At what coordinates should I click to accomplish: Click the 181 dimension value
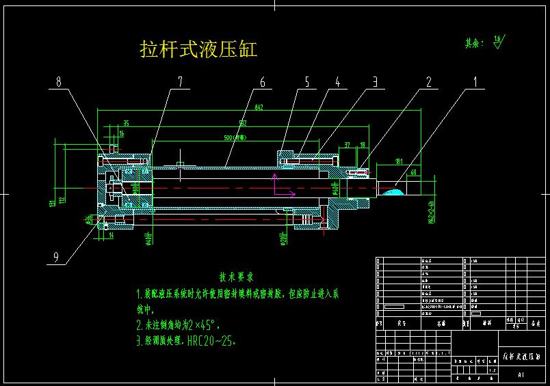pos(398,162)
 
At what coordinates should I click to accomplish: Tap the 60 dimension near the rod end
pos(415,173)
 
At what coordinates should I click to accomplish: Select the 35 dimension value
pos(126,124)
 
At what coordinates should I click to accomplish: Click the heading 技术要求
pos(236,277)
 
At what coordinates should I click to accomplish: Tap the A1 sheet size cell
pos(521,374)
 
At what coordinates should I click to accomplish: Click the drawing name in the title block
pos(522,357)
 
